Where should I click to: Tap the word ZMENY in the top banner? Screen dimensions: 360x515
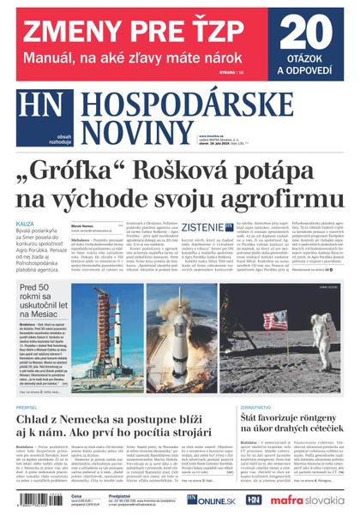tap(65, 32)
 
